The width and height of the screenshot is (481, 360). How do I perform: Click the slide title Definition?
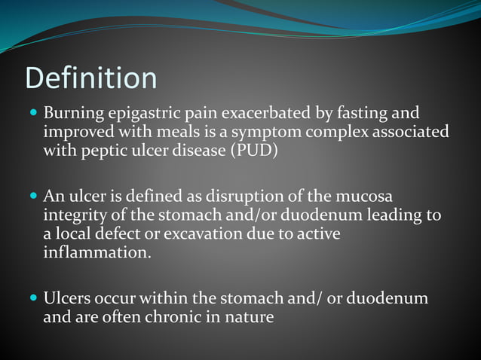pos(91,78)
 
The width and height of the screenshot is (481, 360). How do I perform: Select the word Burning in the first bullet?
pos(72,114)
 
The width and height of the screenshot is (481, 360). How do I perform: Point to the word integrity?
pos(73,215)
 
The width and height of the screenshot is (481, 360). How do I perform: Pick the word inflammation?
pos(97,252)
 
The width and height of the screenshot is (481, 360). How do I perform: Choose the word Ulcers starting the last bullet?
pos(69,298)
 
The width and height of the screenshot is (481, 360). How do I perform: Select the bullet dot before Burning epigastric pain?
pos(32,114)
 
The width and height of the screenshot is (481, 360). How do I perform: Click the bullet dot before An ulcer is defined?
pos(32,196)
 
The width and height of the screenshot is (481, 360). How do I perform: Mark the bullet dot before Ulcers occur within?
pos(32,298)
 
